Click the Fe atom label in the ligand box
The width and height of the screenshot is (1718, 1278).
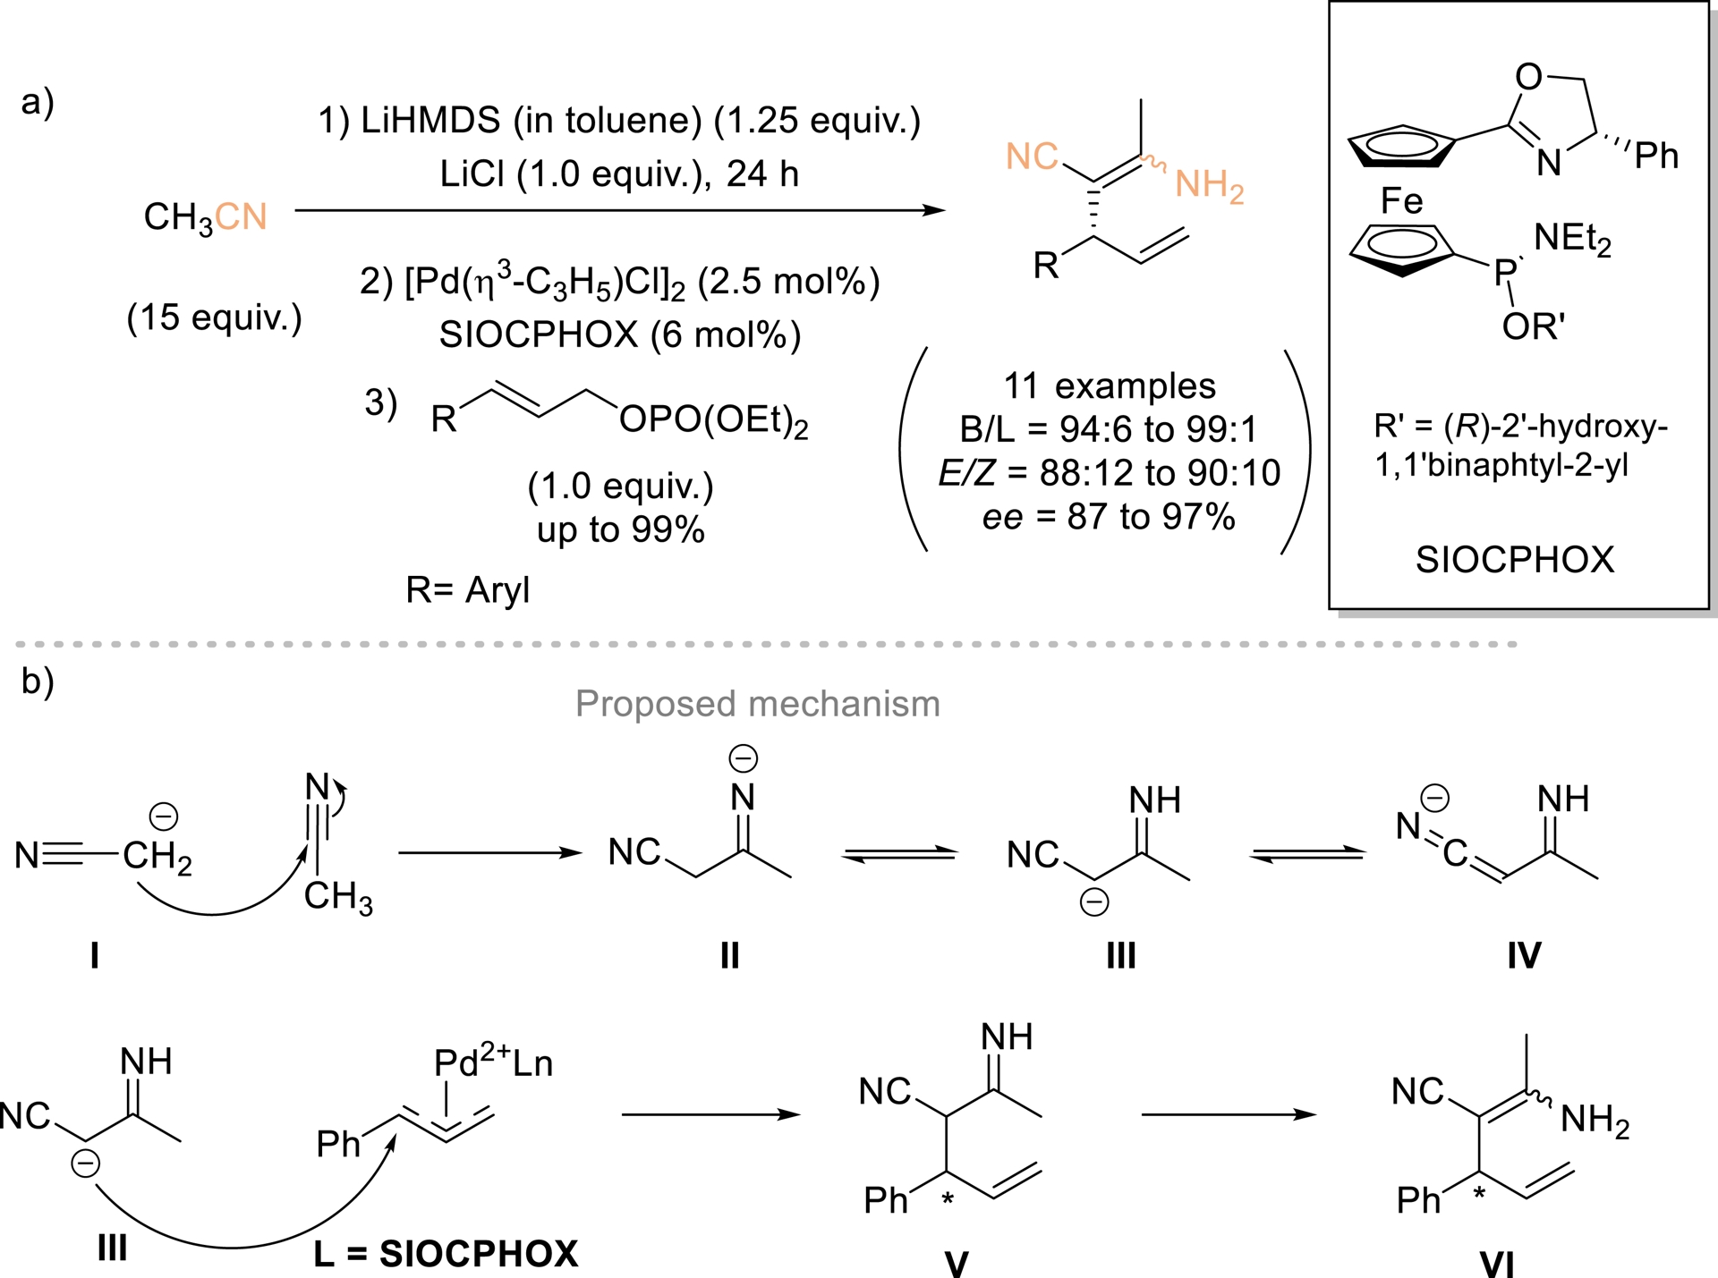(x=1401, y=200)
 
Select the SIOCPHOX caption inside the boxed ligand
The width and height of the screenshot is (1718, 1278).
(x=1515, y=560)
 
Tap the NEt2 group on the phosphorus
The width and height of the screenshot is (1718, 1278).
(x=1572, y=239)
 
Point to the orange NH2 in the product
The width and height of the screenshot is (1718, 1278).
(x=1209, y=186)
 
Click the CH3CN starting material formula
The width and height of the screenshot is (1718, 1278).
(x=205, y=217)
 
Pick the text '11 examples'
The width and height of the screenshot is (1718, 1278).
(x=1109, y=386)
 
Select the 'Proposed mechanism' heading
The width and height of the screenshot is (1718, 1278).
(x=757, y=704)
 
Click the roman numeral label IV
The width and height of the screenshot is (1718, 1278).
(x=1524, y=956)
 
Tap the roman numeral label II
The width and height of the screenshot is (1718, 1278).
(x=729, y=956)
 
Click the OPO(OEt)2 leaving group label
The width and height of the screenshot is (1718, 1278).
(x=713, y=419)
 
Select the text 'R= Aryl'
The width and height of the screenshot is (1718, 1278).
(x=467, y=590)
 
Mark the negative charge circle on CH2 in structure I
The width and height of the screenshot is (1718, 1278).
(x=163, y=816)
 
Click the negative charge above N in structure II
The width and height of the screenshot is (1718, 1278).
(x=743, y=758)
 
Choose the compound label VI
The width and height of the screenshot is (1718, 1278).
(x=1496, y=1264)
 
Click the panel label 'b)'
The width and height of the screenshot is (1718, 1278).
(x=38, y=681)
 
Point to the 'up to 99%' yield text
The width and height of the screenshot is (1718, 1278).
(x=620, y=529)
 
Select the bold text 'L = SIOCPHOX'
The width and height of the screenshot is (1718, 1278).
(x=446, y=1254)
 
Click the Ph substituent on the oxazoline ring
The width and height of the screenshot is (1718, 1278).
(x=1655, y=156)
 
